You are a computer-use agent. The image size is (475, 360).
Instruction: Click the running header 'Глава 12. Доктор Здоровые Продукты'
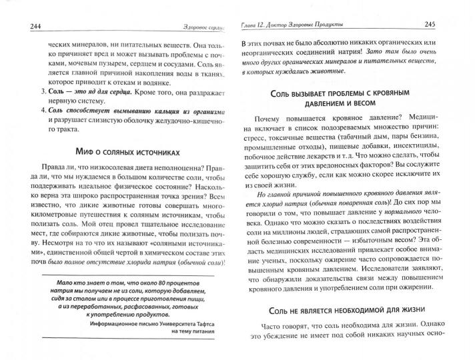pos(291,25)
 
